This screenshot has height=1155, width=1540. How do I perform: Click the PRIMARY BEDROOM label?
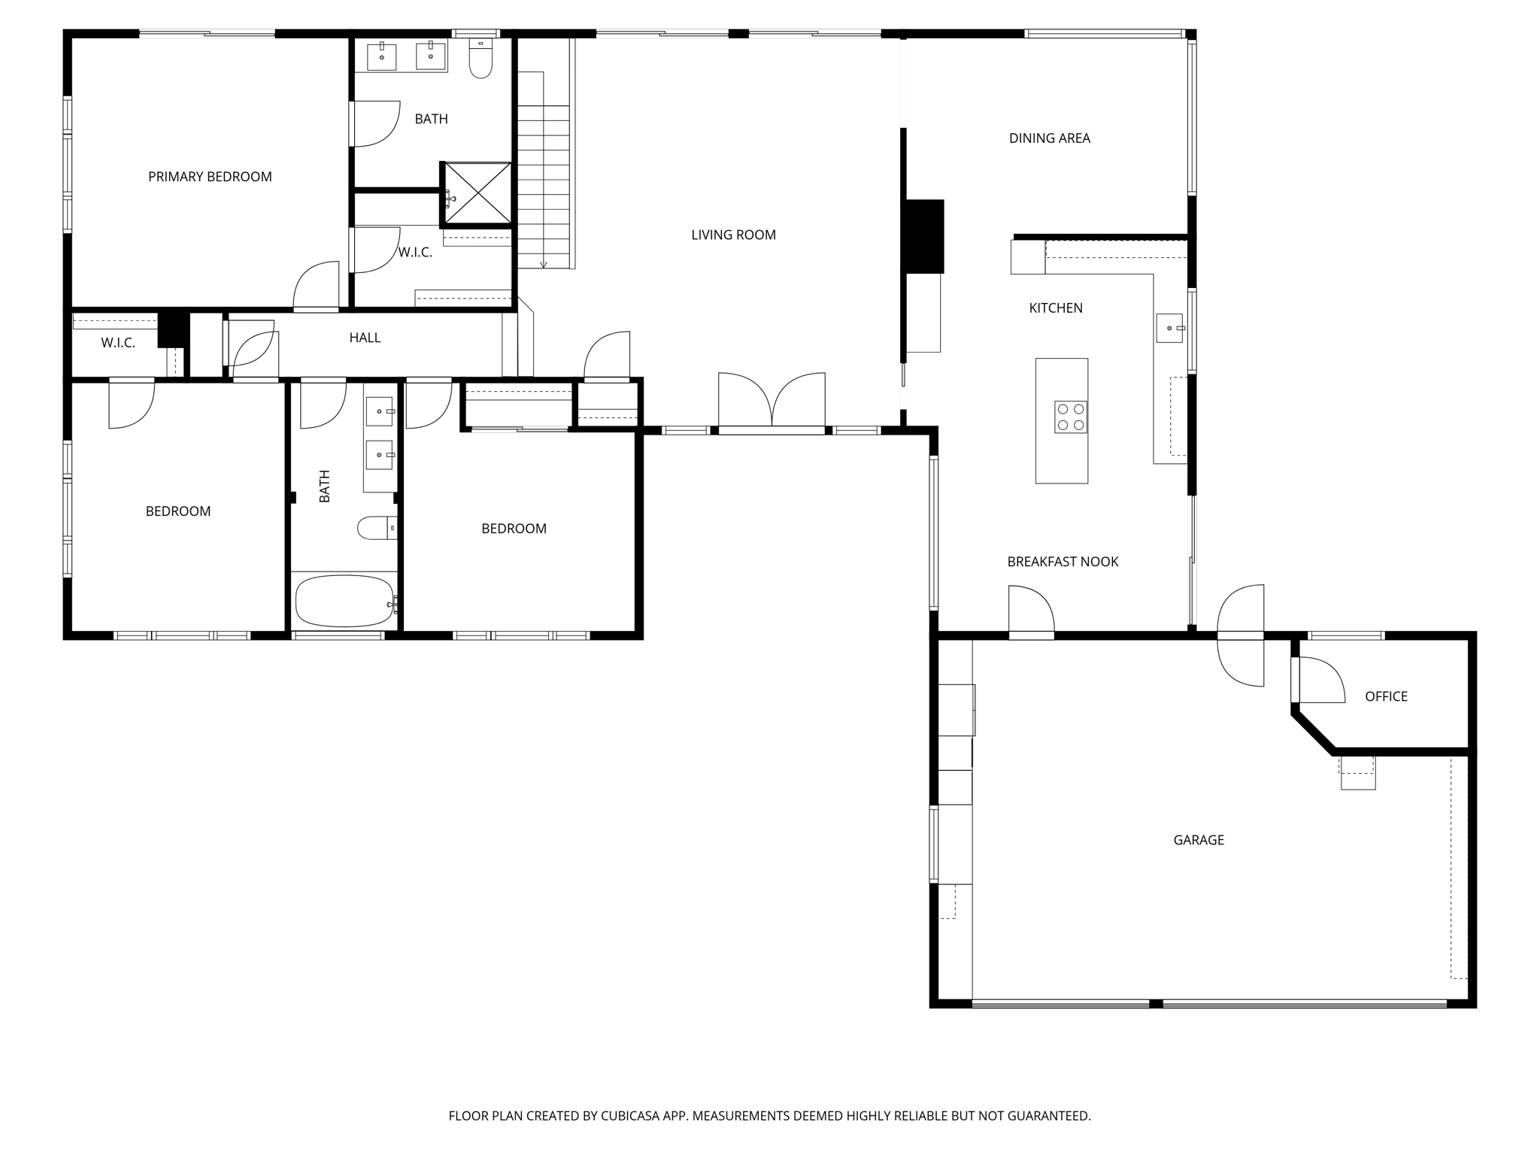(210, 177)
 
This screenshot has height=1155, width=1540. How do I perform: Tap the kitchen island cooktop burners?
(1070, 417)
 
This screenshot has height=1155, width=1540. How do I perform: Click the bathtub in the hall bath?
(344, 601)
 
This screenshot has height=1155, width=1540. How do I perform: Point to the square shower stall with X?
(477, 193)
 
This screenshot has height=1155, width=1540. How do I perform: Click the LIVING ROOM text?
(733, 235)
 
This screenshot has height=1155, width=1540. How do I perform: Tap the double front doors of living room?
(772, 402)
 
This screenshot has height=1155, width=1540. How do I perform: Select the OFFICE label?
(1386, 696)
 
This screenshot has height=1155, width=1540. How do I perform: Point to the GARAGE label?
(1199, 840)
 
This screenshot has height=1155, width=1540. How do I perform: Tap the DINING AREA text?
(1049, 138)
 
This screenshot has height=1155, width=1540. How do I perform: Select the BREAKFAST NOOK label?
(1063, 562)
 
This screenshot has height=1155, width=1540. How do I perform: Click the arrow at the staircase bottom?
(543, 263)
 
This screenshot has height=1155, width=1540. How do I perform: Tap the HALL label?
(365, 338)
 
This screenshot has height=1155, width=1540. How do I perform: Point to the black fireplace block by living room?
(924, 236)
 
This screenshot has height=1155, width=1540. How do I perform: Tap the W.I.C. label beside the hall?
(118, 343)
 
